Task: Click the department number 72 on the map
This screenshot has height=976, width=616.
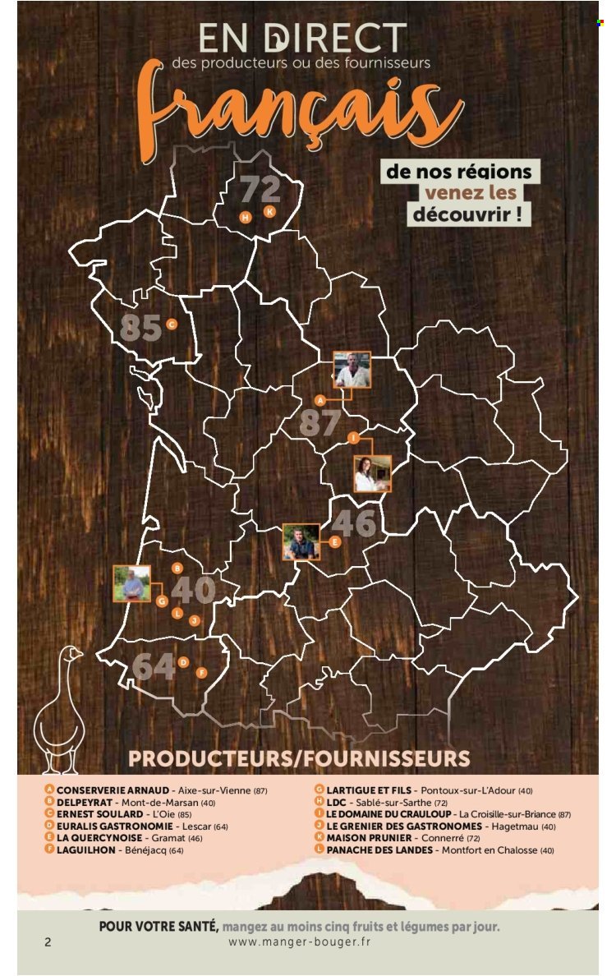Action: click(x=260, y=191)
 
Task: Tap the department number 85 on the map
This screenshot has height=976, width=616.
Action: click(x=140, y=327)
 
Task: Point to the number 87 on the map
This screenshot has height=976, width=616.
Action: click(x=319, y=422)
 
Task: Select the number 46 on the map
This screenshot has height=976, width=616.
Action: click(x=354, y=523)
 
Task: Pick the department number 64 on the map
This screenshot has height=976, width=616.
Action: click(x=153, y=666)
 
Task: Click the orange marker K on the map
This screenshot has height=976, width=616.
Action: click(x=269, y=211)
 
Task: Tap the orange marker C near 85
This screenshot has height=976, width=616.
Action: click(x=171, y=324)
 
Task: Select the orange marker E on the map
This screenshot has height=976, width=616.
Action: click(x=334, y=541)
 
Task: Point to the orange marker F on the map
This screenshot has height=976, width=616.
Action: click(x=201, y=672)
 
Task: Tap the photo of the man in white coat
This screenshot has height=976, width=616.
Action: click(x=352, y=371)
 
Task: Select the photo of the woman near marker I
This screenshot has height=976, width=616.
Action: click(x=372, y=474)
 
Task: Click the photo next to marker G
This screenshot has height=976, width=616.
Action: click(x=132, y=583)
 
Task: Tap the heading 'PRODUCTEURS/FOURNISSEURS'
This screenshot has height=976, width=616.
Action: click(x=299, y=757)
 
